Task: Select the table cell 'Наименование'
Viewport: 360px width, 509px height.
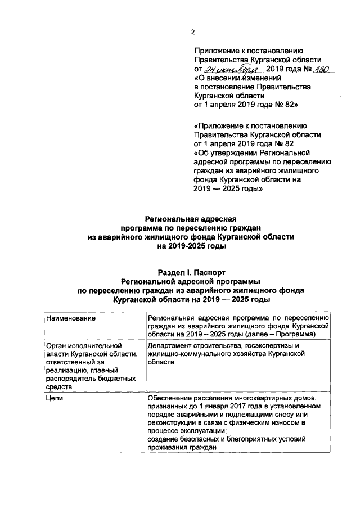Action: tap(70, 318)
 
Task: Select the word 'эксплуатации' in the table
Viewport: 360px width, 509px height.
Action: tap(204, 431)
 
